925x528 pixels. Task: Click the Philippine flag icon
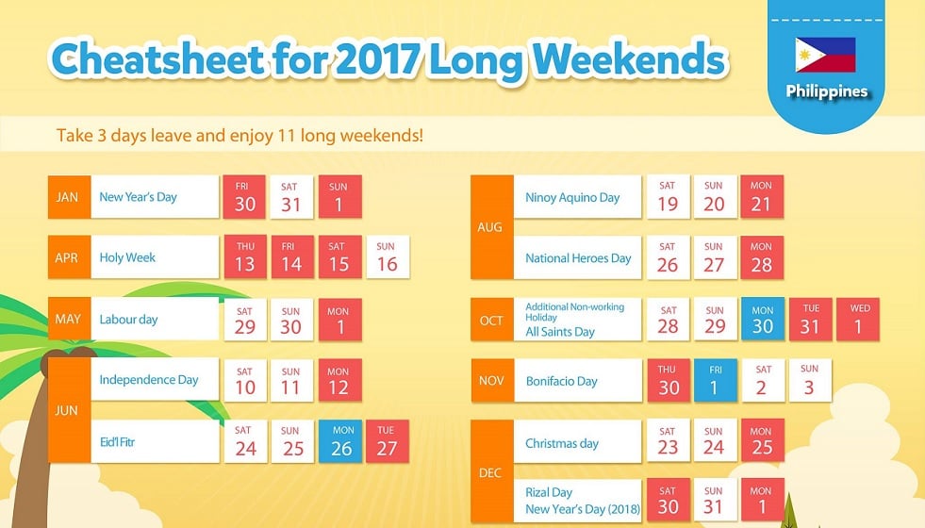coord(825,55)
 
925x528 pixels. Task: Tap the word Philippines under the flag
coord(827,91)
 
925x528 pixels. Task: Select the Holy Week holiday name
coord(127,257)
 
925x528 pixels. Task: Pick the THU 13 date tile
coord(245,257)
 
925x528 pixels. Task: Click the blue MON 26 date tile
coord(340,441)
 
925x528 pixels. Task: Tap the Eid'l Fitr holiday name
coord(118,442)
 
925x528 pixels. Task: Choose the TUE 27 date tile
coord(387,441)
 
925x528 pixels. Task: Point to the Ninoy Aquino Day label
coord(572,198)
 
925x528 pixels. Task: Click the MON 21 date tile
coord(762,197)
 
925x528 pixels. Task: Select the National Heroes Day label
coord(578,258)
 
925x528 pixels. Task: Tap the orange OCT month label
coord(492,320)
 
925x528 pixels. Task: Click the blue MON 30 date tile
coord(762,320)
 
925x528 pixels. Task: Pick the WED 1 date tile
coord(858,320)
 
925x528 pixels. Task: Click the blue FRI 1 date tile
coord(716,381)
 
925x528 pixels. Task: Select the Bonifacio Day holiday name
coord(562,381)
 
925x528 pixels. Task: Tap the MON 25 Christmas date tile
coord(762,440)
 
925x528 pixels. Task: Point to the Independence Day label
coord(149,379)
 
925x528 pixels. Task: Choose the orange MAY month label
coord(69,319)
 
